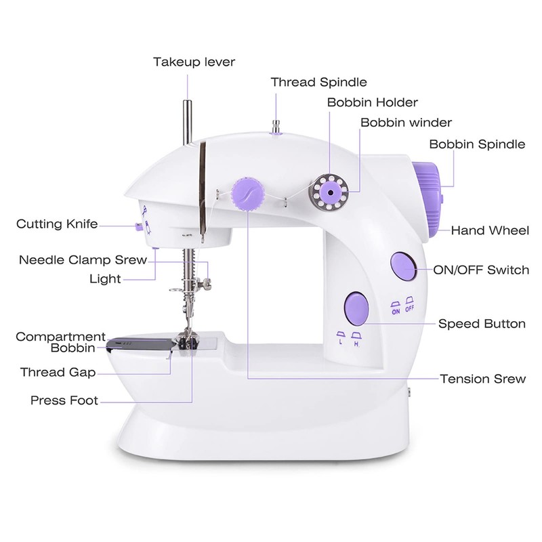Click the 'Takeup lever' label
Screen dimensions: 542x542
(x=194, y=62)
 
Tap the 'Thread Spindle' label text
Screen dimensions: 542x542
(x=319, y=82)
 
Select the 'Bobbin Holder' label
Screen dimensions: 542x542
(x=373, y=102)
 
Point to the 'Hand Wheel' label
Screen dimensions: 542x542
(x=490, y=230)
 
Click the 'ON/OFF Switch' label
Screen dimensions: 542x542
(x=482, y=270)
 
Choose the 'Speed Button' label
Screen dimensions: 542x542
(x=482, y=324)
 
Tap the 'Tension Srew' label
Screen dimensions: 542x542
(x=482, y=379)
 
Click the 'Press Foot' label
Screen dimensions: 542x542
(x=64, y=400)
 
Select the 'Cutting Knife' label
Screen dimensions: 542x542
(x=57, y=224)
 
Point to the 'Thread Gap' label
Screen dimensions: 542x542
(x=58, y=372)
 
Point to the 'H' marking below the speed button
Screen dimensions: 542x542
(x=356, y=343)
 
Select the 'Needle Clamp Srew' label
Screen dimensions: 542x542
(x=83, y=260)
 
